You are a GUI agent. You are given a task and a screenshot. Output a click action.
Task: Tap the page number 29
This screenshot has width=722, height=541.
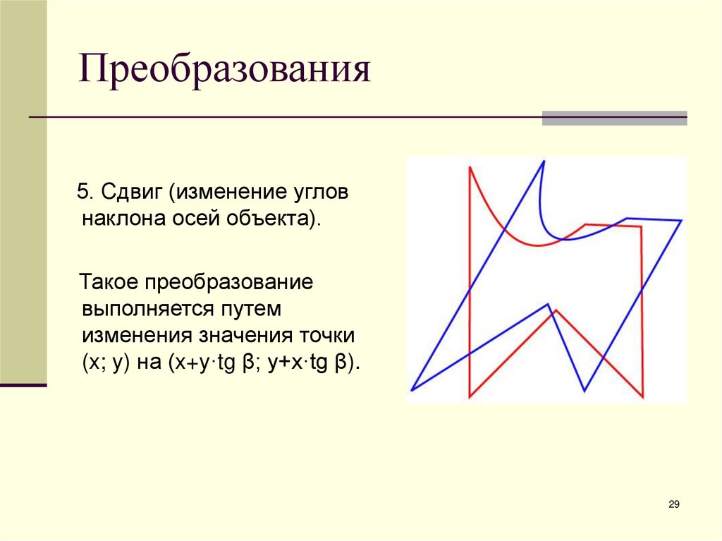point(673,504)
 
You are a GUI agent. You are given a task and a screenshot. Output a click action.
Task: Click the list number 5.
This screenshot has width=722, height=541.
point(82,193)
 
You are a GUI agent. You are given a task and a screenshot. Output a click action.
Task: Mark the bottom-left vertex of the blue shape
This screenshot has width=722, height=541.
point(412,389)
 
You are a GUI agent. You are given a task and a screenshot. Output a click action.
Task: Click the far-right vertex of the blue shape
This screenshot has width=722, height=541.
point(681,221)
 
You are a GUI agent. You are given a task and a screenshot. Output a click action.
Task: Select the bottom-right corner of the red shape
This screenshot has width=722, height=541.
point(642,397)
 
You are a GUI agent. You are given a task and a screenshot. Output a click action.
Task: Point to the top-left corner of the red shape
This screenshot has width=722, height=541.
point(470,168)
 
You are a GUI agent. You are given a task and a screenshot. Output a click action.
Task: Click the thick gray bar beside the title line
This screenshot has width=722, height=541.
point(614,118)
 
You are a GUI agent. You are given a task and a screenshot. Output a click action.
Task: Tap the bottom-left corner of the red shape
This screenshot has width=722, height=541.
point(470,397)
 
